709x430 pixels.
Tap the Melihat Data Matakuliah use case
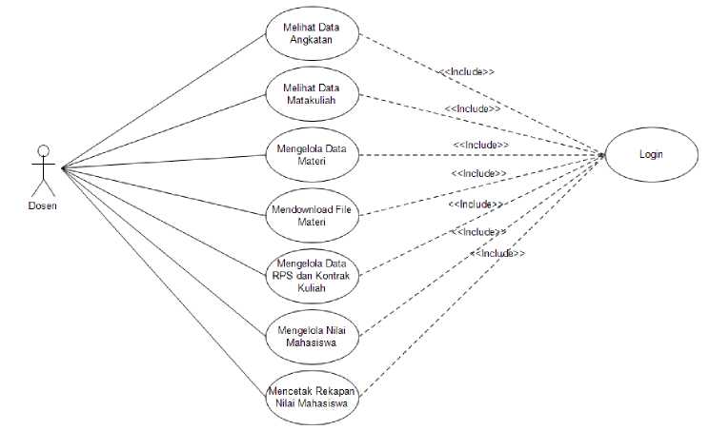click(x=312, y=93)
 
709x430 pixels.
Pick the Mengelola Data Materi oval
click(x=312, y=155)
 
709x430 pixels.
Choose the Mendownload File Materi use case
click(x=312, y=216)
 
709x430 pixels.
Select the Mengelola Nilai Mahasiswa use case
click(x=312, y=335)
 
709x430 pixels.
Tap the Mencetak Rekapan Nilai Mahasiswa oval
click(x=312, y=396)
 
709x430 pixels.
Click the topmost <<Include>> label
click(x=466, y=71)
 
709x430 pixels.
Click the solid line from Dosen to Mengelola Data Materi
click(x=162, y=163)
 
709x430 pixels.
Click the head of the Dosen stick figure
click(x=41, y=149)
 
